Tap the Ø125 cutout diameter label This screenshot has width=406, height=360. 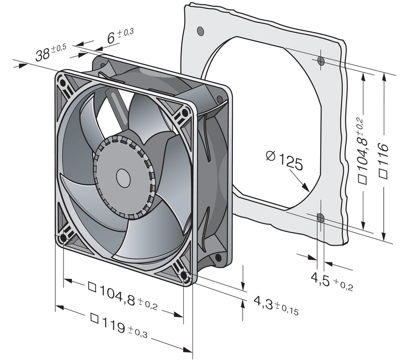[284, 160]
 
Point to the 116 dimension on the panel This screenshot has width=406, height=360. [383, 160]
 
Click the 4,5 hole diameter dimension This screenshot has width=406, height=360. [332, 281]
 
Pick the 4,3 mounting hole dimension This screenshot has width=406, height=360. [276, 306]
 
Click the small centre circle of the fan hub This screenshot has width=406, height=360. [123, 178]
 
